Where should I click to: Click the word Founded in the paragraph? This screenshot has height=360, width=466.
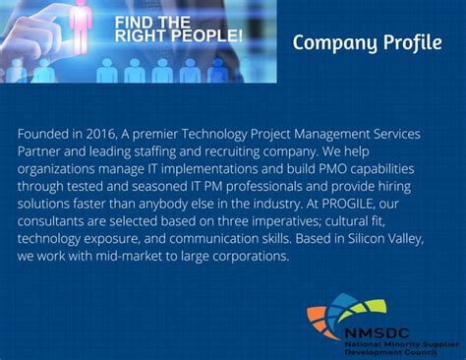tap(42, 133)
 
